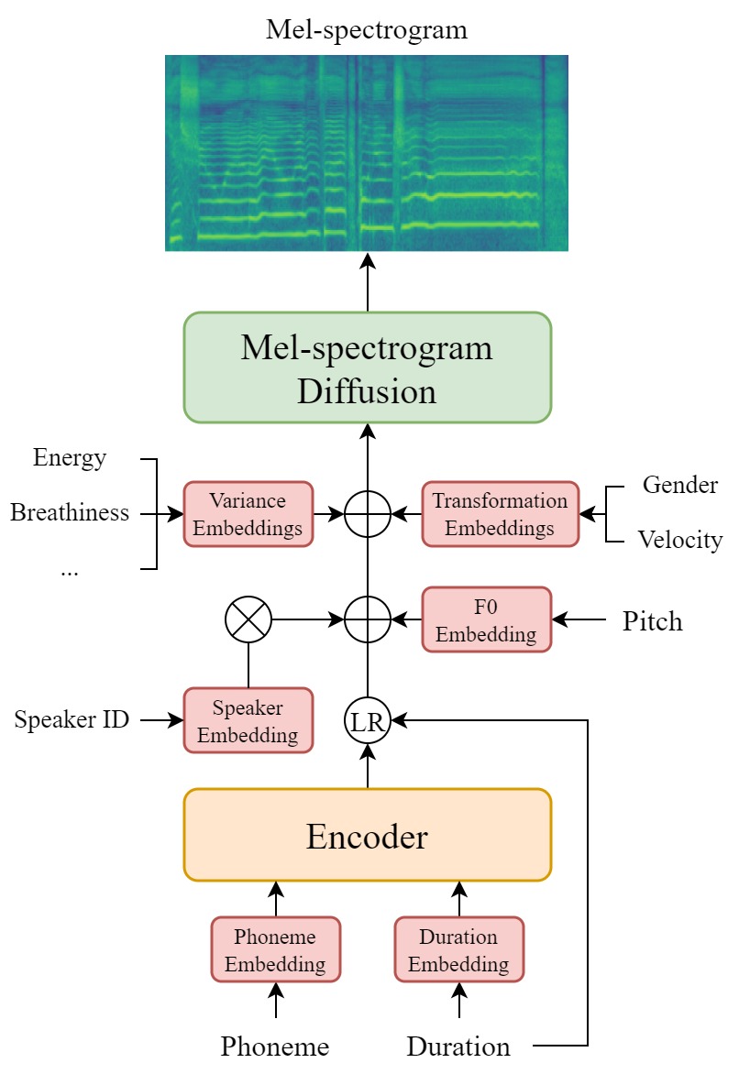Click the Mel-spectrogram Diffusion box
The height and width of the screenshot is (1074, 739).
(x=367, y=367)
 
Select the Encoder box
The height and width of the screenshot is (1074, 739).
(x=367, y=835)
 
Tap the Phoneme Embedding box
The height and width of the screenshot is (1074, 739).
(x=275, y=950)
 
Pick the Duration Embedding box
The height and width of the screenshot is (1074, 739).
(x=458, y=950)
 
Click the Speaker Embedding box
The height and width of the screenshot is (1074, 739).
(x=248, y=721)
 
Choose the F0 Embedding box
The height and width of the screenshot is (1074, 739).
(x=486, y=620)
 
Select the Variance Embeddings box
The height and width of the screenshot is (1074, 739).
(x=248, y=514)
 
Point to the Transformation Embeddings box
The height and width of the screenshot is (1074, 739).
(x=500, y=514)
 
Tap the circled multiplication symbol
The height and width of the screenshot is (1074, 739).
(x=248, y=620)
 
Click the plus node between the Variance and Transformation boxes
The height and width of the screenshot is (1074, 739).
(x=367, y=514)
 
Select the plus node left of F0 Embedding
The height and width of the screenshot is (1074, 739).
(x=367, y=620)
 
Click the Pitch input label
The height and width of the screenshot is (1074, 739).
(x=652, y=621)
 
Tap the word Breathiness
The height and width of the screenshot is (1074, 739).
(x=70, y=513)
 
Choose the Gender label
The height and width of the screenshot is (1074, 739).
(x=679, y=485)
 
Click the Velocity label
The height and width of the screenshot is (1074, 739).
(x=679, y=541)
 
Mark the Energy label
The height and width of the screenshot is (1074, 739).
(x=70, y=457)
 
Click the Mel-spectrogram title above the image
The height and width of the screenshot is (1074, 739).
(x=367, y=29)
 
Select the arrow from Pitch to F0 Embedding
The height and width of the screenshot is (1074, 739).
(x=579, y=620)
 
